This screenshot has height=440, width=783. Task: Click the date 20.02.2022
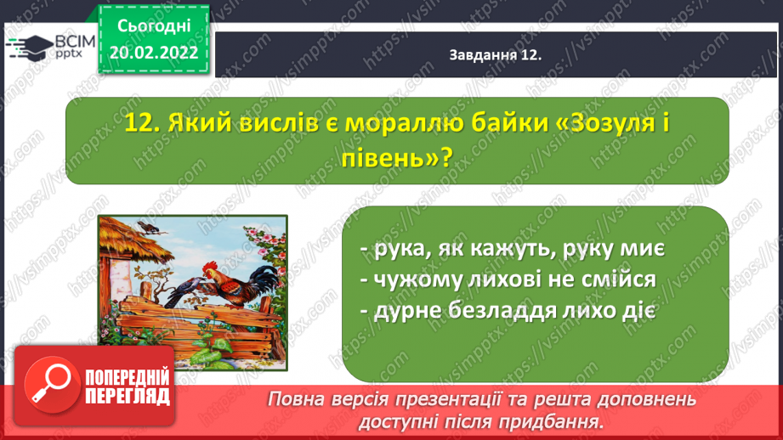click(154, 53)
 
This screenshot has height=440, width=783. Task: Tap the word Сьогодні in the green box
click(154, 26)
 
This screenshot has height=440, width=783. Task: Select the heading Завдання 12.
click(496, 55)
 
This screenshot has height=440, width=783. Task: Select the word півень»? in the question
click(398, 158)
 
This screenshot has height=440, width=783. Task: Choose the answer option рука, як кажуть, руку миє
click(513, 248)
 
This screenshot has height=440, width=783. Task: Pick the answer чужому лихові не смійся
click(508, 279)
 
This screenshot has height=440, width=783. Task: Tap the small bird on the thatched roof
click(149, 228)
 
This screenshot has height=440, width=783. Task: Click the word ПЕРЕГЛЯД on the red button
click(128, 397)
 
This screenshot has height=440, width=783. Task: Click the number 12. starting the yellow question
click(142, 122)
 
